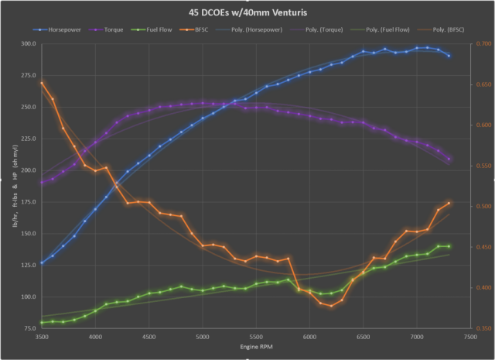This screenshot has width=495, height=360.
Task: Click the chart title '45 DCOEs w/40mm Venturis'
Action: pos(247,13)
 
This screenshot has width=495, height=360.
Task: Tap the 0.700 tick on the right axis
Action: pos(482,44)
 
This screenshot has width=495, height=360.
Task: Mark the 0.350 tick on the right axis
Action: pos(482,328)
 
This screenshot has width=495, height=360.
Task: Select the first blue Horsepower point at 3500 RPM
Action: pos(42,262)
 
